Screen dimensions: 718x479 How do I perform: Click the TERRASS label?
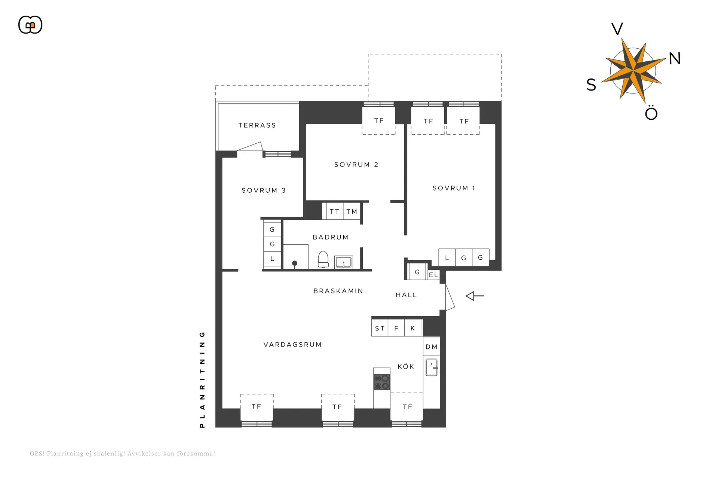[257, 125]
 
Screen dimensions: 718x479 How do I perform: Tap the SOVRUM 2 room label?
[356, 165]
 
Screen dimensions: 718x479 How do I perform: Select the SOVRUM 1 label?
[454, 188]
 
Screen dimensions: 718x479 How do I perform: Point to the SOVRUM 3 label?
[264, 190]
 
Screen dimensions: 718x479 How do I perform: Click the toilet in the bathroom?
[323, 259]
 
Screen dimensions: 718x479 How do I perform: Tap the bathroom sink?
[343, 262]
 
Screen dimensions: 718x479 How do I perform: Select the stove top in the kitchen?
[382, 382]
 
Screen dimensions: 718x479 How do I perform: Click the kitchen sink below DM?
[432, 367]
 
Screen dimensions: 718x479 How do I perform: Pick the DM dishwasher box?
[432, 347]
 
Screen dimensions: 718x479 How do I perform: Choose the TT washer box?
[334, 211]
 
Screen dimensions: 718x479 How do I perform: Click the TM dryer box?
[352, 211]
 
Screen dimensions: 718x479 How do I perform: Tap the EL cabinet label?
[433, 275]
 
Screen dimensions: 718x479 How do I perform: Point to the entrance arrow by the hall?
[475, 296]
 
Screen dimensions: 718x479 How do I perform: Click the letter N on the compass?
[675, 58]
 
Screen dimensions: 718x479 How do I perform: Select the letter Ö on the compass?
[651, 112]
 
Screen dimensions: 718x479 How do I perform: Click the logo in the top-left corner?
[30, 25]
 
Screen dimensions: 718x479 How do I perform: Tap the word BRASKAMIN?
[338, 291]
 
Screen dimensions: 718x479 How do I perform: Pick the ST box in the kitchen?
[380, 328]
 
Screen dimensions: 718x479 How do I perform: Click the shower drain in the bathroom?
[295, 263]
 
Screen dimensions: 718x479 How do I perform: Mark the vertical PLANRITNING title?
[202, 379]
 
